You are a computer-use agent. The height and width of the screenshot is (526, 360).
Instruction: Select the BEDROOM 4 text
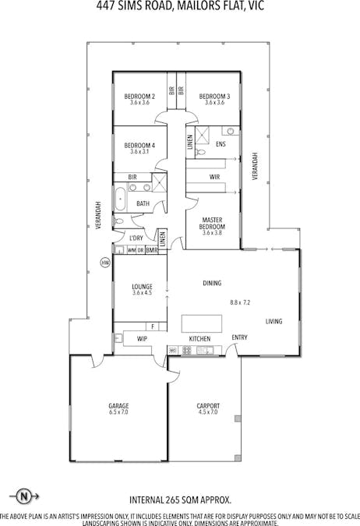(140, 145)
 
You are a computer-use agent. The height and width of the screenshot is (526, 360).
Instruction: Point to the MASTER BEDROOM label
(213, 223)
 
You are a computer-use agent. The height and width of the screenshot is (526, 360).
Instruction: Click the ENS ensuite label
(221, 144)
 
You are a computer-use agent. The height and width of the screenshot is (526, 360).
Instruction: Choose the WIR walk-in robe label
(215, 177)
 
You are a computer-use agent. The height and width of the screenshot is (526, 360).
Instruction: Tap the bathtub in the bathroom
(121, 199)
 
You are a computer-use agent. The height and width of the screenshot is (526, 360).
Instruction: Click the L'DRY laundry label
(136, 238)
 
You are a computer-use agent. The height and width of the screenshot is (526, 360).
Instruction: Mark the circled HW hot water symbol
(105, 263)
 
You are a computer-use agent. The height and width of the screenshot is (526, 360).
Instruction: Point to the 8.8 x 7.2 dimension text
(240, 302)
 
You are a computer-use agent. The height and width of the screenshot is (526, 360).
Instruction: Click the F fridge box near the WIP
(154, 327)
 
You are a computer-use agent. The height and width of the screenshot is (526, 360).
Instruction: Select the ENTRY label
(239, 337)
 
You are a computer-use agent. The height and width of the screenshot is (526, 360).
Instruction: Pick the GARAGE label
(118, 406)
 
